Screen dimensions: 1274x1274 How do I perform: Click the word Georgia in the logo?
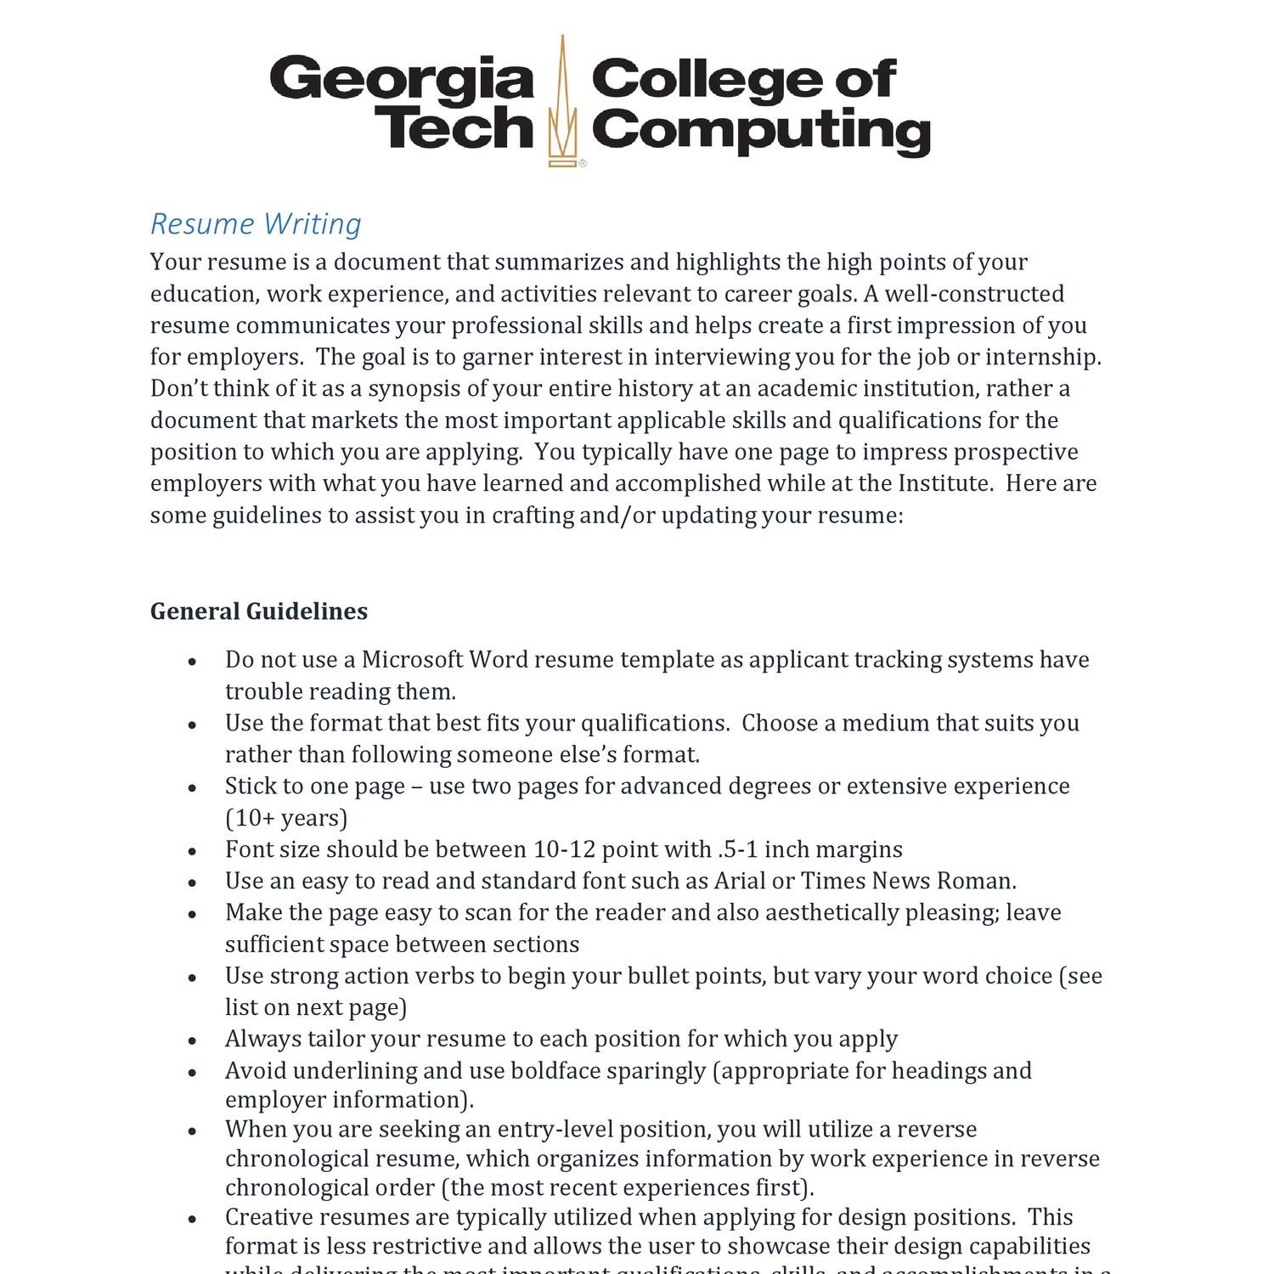point(401,80)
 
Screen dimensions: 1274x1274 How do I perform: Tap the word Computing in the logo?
point(760,132)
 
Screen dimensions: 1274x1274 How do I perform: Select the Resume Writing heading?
point(256,224)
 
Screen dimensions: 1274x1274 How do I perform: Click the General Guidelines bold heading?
point(259,612)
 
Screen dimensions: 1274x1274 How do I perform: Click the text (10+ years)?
point(286,818)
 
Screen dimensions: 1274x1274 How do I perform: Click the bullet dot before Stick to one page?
point(193,788)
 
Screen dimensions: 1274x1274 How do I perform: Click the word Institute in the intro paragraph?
point(944,483)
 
